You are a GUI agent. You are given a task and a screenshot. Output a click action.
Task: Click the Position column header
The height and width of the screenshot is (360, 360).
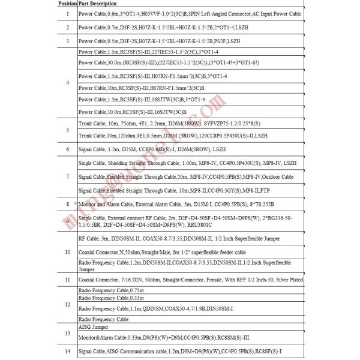click(x=67, y=4)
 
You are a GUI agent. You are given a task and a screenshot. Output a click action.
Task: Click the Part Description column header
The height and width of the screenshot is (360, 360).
click(x=100, y=4)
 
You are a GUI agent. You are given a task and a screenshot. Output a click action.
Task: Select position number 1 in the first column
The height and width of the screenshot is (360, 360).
click(x=67, y=13)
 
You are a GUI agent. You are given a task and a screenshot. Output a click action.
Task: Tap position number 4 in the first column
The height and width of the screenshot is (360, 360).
click(x=67, y=82)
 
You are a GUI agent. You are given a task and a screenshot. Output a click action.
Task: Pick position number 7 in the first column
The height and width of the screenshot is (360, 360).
click(x=67, y=177)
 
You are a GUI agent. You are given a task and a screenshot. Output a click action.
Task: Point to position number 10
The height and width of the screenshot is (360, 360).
click(x=67, y=251)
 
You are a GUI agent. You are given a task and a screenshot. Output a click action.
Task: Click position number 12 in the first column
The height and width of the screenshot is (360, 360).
click(x=67, y=305)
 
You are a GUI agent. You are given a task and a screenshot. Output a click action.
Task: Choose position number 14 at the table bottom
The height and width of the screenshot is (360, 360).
click(x=67, y=350)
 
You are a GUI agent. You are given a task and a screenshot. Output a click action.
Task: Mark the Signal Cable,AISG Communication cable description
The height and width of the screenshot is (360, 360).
click(x=181, y=350)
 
